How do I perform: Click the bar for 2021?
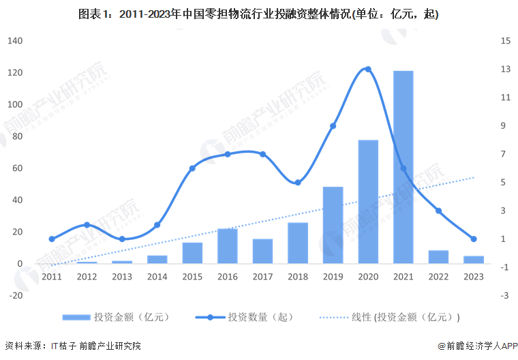tap(403, 167)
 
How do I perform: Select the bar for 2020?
tap(368, 202)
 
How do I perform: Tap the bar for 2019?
tap(333, 225)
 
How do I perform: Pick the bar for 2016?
tap(227, 246)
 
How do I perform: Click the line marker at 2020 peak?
tap(368, 69)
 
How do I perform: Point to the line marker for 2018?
tap(298, 182)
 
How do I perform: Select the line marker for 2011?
tap(52, 239)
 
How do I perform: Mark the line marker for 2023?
tap(474, 239)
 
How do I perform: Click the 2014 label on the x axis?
tap(157, 277)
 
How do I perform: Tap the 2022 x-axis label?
tap(438, 277)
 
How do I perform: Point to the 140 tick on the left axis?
tap(16, 41)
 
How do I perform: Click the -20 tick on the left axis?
tap(16, 295)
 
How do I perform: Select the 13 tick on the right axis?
tap(504, 69)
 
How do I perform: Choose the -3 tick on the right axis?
tap(504, 295)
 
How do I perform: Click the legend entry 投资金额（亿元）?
tap(116, 317)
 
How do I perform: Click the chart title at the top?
tap(259, 14)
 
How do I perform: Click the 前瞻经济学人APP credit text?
tap(477, 346)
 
